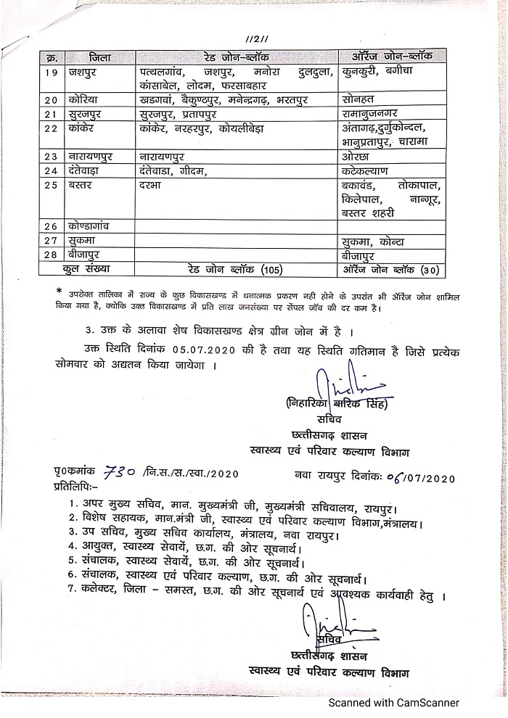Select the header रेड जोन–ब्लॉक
[x=237, y=57]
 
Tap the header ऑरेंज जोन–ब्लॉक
[x=393, y=57]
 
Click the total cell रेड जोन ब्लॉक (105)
[x=237, y=271]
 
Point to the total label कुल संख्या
[x=87, y=271]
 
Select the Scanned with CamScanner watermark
[x=396, y=702]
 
